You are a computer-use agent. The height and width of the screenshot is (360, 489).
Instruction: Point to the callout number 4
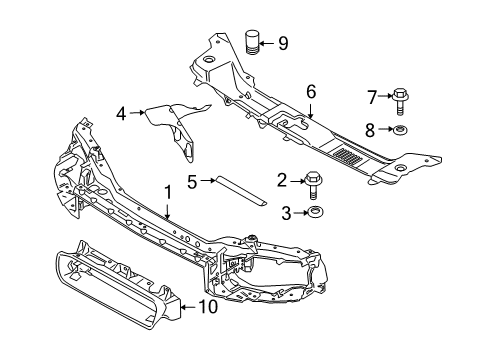(x=121, y=114)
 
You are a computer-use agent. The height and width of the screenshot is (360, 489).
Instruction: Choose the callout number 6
(x=311, y=91)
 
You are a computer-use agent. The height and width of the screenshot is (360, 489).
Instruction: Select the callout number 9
(x=282, y=42)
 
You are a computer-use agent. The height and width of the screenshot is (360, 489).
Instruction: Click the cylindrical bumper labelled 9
(x=251, y=44)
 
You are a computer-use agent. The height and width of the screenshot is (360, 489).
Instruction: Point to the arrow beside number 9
(x=268, y=42)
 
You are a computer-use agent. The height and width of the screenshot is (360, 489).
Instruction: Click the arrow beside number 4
(x=136, y=114)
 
